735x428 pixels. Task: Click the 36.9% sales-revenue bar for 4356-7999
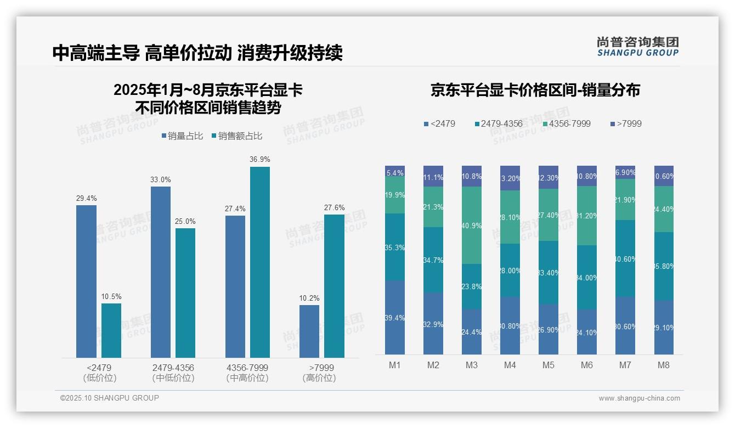click(260, 262)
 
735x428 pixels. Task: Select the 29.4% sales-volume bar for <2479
click(86, 281)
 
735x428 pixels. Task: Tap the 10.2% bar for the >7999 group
click(309, 331)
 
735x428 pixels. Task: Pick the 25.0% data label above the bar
click(185, 221)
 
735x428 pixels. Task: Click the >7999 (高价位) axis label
click(319, 373)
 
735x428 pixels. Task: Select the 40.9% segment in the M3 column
click(472, 225)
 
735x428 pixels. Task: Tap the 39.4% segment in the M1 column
click(395, 318)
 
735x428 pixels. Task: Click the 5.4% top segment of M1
click(395, 171)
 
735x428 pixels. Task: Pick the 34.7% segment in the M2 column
click(433, 260)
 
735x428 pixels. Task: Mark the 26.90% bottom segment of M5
click(549, 329)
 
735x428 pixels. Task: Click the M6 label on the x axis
click(586, 365)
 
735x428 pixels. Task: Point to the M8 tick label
click(663, 365)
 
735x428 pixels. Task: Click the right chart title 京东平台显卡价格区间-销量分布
click(535, 90)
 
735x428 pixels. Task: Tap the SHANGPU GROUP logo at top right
click(637, 47)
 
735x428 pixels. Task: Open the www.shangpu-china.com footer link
click(639, 398)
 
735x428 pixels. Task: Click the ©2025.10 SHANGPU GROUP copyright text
click(110, 398)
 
